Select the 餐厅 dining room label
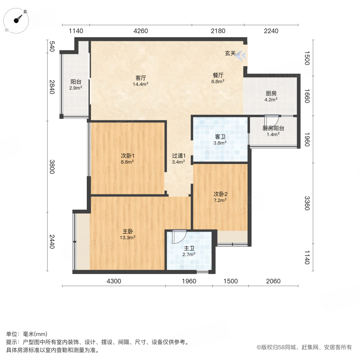click(x=218, y=75)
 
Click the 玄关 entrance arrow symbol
click(x=240, y=54)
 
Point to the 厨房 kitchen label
click(x=271, y=94)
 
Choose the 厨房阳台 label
click(x=273, y=128)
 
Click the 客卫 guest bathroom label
click(x=220, y=136)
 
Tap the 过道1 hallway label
click(x=178, y=156)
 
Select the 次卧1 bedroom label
click(x=128, y=156)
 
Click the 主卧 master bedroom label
click(x=128, y=231)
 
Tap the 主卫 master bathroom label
click(x=189, y=248)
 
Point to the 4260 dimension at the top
click(x=141, y=31)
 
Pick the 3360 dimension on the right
click(x=307, y=203)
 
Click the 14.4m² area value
click(x=141, y=84)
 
